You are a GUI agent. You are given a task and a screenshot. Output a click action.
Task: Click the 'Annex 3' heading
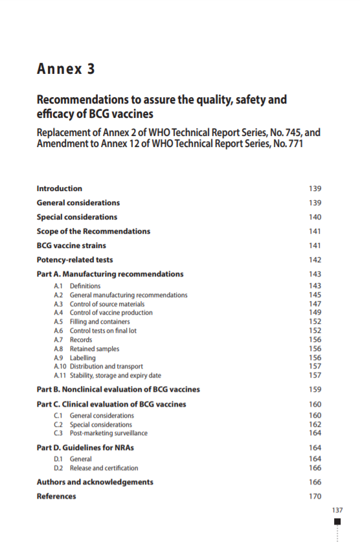tap(66, 69)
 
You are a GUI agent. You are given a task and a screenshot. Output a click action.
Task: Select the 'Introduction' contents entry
tap(60, 188)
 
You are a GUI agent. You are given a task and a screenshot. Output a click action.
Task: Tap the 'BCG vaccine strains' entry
tap(71, 245)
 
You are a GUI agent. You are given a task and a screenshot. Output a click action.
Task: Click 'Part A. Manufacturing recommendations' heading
tap(110, 274)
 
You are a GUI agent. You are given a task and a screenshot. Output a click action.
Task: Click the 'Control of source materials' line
tap(107, 304)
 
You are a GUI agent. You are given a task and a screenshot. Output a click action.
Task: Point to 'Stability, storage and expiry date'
tap(115, 376)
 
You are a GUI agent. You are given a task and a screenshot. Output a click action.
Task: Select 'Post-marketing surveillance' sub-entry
tap(108, 433)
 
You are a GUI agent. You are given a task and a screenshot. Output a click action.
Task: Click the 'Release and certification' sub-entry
tap(104, 468)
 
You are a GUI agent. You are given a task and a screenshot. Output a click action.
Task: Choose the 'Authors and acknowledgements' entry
tap(95, 482)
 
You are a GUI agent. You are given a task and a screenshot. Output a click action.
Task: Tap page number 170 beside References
tap(315, 496)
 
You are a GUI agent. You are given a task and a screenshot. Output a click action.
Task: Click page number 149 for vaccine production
tap(315, 313)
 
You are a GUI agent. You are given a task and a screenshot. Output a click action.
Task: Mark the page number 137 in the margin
tap(336, 510)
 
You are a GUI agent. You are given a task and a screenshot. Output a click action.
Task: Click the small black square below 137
tap(337, 521)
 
